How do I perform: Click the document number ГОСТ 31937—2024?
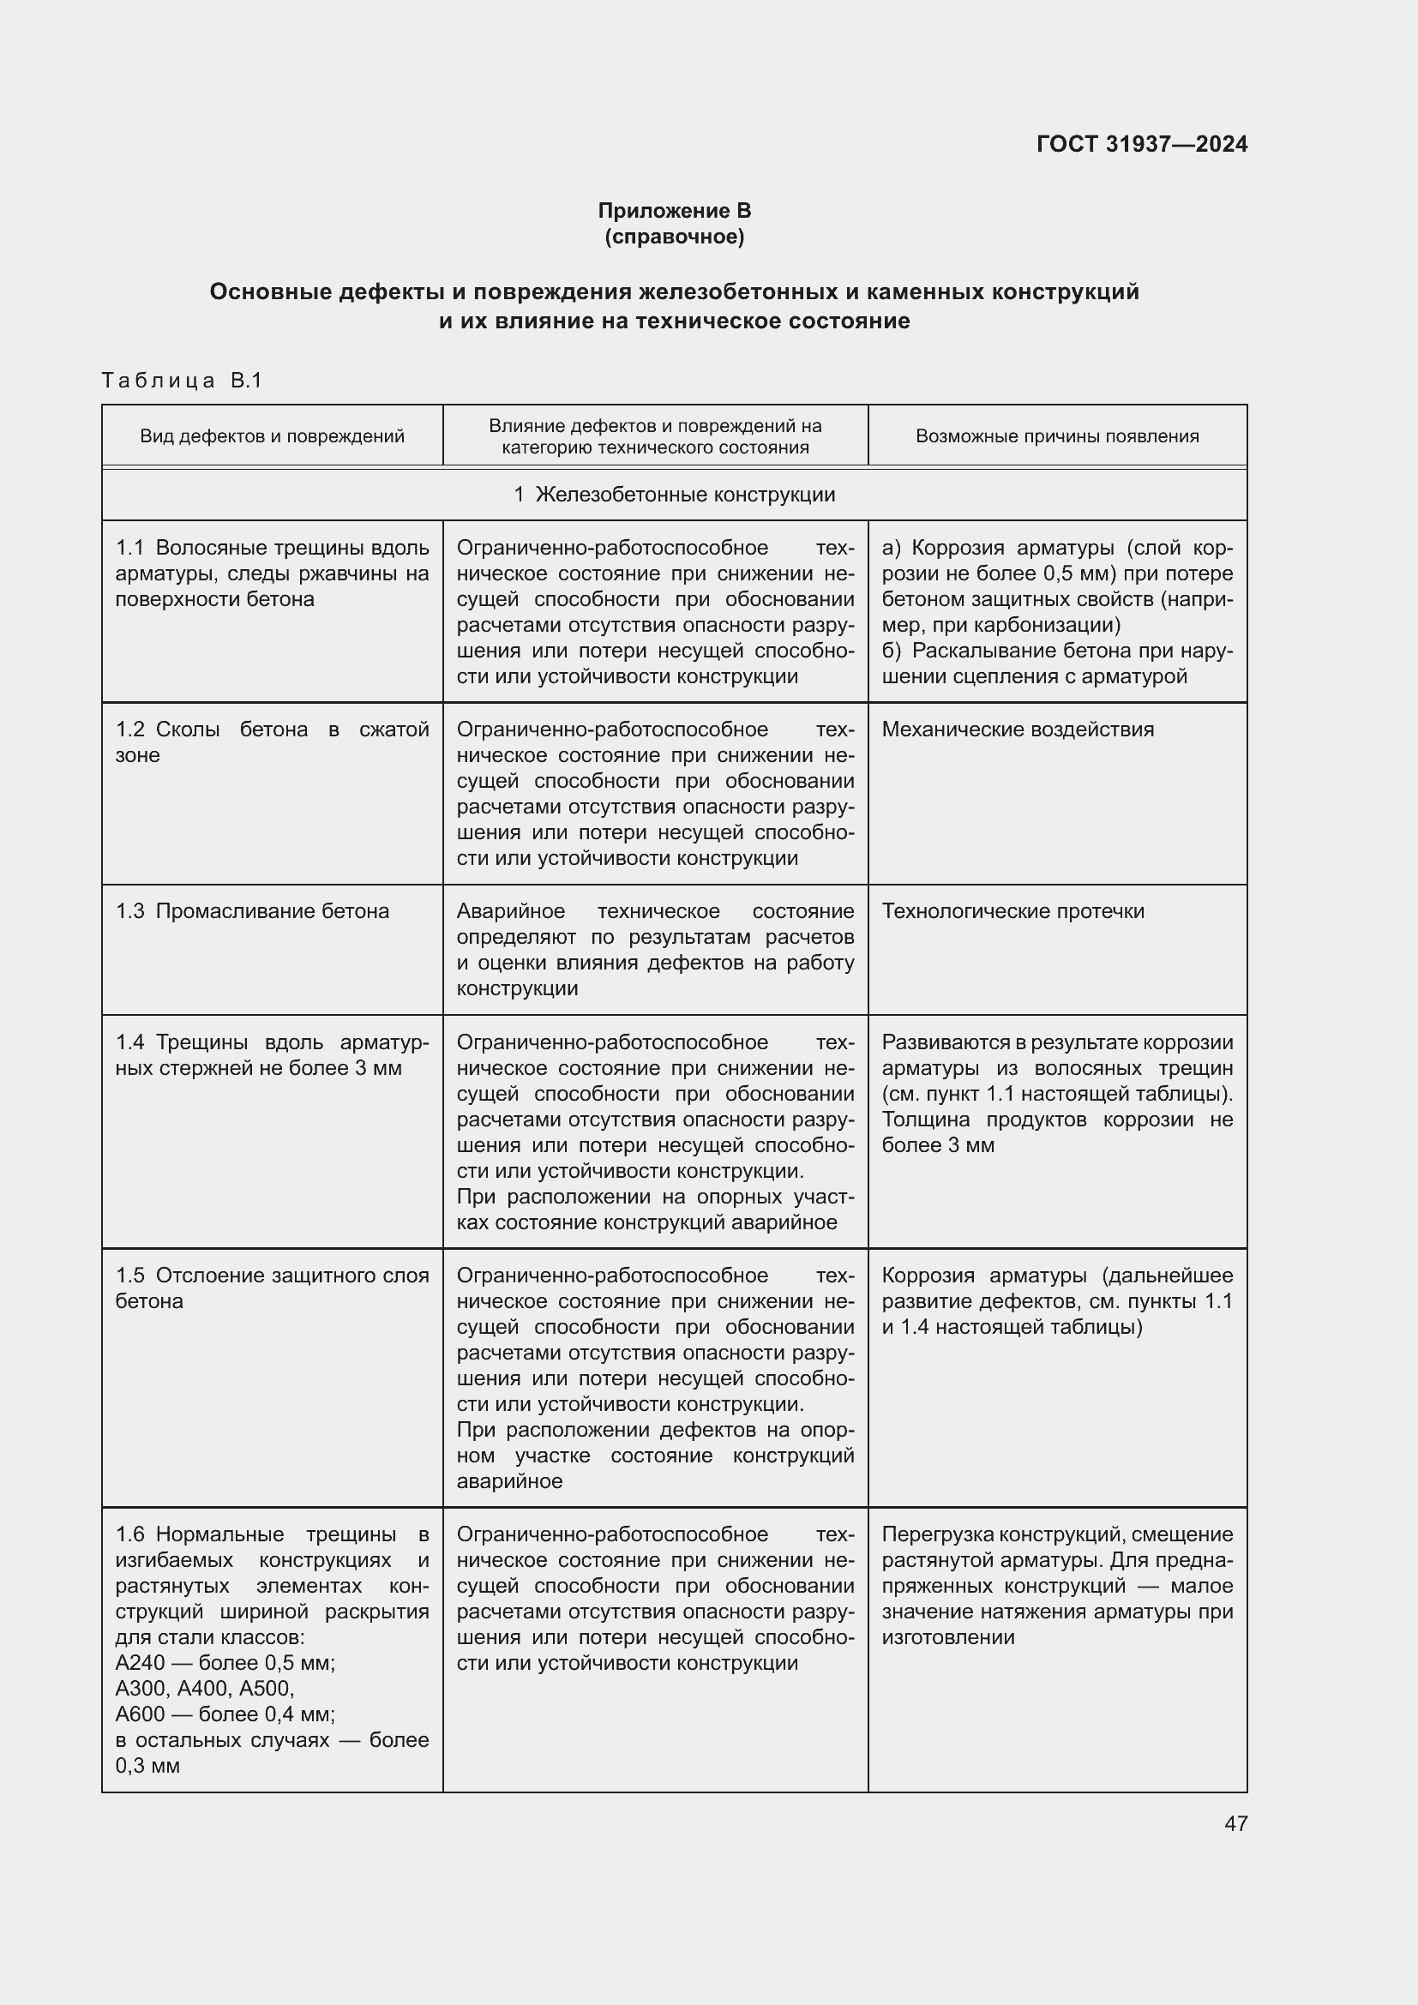click(1141, 144)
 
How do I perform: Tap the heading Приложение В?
click(674, 211)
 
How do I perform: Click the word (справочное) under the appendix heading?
click(674, 237)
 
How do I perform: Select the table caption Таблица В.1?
click(182, 380)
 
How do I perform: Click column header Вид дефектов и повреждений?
click(272, 435)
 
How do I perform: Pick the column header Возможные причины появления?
click(1056, 435)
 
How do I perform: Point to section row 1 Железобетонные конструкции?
click(674, 495)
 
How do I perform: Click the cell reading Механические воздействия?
click(1018, 729)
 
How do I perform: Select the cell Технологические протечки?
click(1012, 911)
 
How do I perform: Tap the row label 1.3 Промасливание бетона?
click(252, 911)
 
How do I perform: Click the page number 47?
click(1235, 1822)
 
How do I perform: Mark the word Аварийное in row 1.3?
click(511, 911)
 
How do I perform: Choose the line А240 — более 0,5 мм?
click(225, 1663)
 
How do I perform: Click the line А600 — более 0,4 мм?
click(225, 1714)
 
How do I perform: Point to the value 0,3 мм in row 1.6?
click(147, 1766)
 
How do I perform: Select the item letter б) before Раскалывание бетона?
click(891, 651)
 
